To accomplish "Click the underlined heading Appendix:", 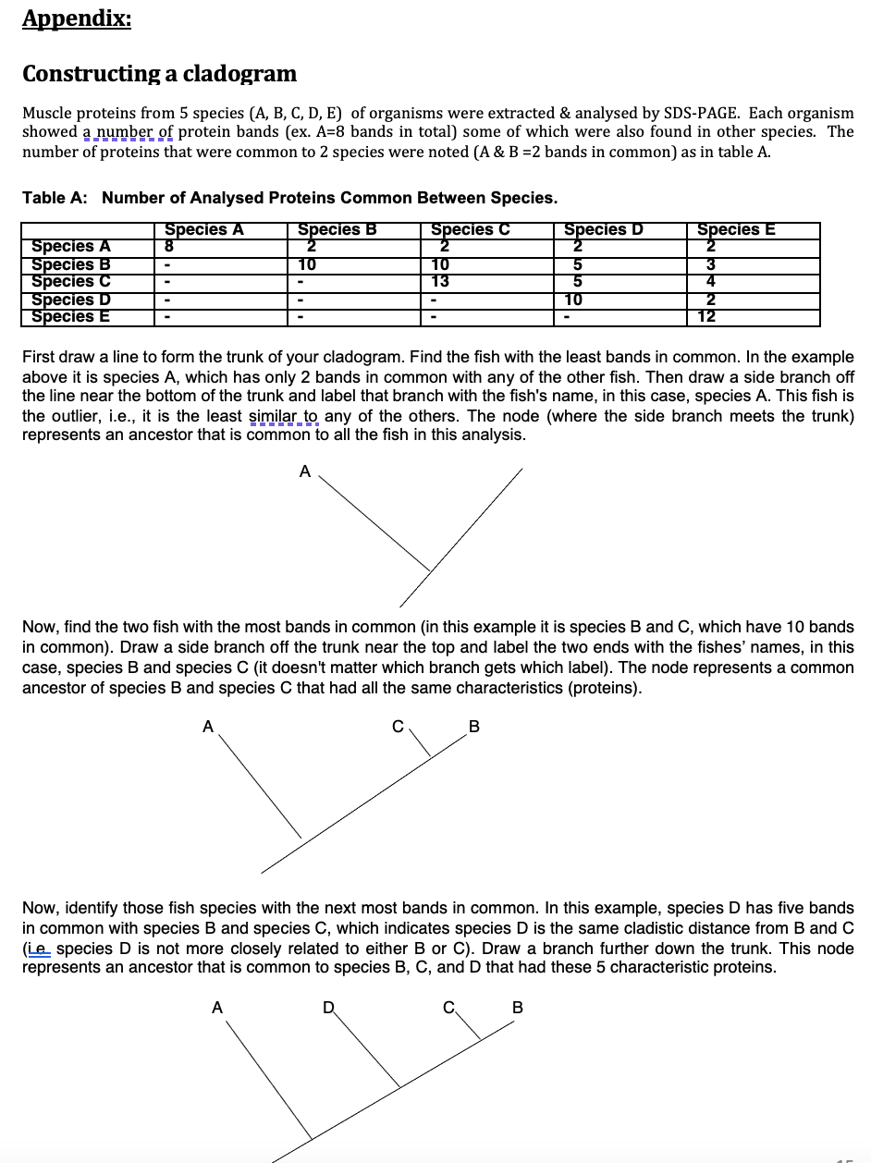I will point(77,18).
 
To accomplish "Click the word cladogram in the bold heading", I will point(242,73).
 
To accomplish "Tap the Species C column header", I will point(471,230).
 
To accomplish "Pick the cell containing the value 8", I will point(169,246).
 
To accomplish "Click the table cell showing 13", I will point(441,281).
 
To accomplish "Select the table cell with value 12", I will point(707,317).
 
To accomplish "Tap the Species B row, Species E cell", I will point(707,264).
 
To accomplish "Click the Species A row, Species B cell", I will point(311,246).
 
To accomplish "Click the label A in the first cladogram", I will point(304,471).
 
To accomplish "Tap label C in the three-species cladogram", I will point(398,727).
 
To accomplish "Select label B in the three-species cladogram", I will point(474,727).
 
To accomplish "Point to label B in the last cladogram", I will point(517,1007).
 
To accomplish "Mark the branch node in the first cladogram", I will point(428,569).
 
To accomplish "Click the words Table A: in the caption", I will point(56,198).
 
